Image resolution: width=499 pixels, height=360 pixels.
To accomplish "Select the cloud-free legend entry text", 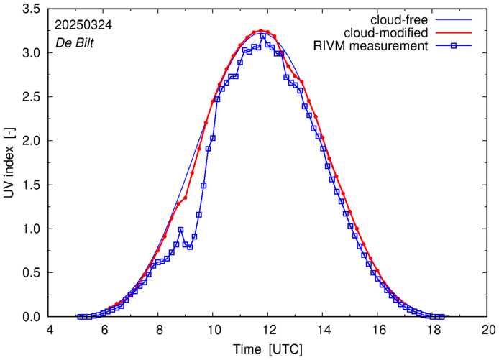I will pyautogui.click(x=399, y=19).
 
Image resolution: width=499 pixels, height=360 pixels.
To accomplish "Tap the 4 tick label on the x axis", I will pyautogui.click(x=50, y=331).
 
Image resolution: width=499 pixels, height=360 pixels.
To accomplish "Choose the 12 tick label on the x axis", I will pyautogui.click(x=269, y=331).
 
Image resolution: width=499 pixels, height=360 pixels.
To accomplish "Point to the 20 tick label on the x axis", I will pyautogui.click(x=488, y=331).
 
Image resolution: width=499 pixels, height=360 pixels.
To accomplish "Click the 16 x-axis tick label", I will pyautogui.click(x=378, y=331).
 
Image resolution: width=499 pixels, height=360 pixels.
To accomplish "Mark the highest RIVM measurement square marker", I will pyautogui.click(x=263, y=37).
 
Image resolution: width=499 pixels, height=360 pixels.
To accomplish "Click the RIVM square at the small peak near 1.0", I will pyautogui.click(x=180, y=230).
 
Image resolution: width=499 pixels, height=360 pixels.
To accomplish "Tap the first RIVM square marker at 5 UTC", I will pyautogui.click(x=81, y=317).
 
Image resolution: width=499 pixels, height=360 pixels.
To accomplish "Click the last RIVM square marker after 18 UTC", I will pyautogui.click(x=441, y=317).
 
